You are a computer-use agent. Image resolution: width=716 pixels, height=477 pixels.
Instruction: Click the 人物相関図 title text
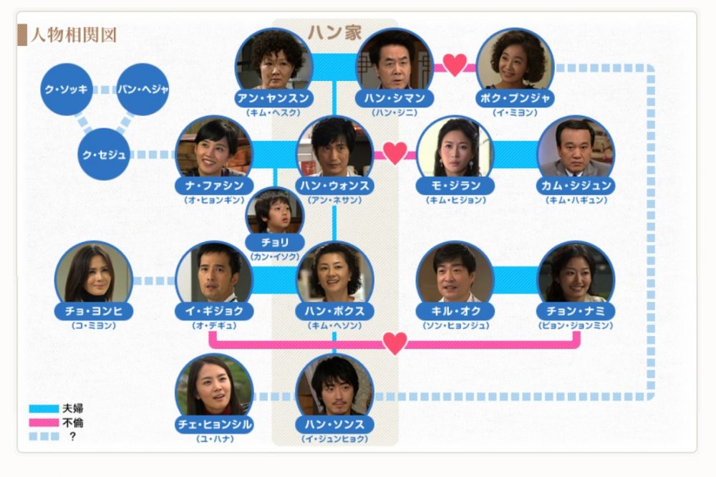pyautogui.click(x=73, y=35)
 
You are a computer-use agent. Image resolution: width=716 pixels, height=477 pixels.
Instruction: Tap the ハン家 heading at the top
pyautogui.click(x=334, y=32)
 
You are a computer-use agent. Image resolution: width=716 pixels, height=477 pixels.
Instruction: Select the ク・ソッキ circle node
pyautogui.click(x=67, y=89)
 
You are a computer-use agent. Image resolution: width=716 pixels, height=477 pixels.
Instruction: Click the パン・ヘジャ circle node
pyautogui.click(x=143, y=89)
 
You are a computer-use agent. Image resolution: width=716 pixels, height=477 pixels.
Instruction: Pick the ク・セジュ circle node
pyautogui.click(x=104, y=155)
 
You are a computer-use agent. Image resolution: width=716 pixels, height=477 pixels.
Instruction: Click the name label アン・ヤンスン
pyautogui.click(x=274, y=98)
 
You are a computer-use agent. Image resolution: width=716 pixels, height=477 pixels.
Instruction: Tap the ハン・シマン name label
pyautogui.click(x=395, y=98)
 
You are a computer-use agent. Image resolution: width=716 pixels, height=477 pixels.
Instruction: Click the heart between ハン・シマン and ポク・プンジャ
pyautogui.click(x=455, y=65)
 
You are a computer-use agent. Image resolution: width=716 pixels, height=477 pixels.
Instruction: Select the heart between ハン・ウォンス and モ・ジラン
pyautogui.click(x=395, y=153)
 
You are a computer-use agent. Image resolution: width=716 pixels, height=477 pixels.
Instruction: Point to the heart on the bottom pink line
pyautogui.click(x=395, y=343)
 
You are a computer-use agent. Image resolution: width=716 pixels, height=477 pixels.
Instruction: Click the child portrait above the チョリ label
pyautogui.click(x=275, y=213)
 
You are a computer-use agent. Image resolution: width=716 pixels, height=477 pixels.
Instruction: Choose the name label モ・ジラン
pyautogui.click(x=455, y=185)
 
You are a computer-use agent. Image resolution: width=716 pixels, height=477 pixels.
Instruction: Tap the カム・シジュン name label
pyautogui.click(x=576, y=185)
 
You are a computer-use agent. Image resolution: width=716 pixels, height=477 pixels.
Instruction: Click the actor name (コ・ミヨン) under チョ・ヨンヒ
pyautogui.click(x=94, y=325)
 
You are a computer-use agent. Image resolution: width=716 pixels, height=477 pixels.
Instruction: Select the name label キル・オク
pyautogui.click(x=455, y=311)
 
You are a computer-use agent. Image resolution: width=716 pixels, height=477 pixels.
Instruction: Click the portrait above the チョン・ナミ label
pyautogui.click(x=576, y=273)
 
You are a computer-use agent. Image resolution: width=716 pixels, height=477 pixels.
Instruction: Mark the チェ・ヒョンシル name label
pyautogui.click(x=214, y=425)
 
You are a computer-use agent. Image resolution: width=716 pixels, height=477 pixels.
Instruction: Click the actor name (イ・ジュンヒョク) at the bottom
pyautogui.click(x=334, y=438)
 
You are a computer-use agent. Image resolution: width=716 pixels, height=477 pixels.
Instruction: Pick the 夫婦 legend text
pyautogui.click(x=72, y=408)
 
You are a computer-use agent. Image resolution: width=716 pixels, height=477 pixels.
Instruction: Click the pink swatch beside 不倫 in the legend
pyautogui.click(x=44, y=423)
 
